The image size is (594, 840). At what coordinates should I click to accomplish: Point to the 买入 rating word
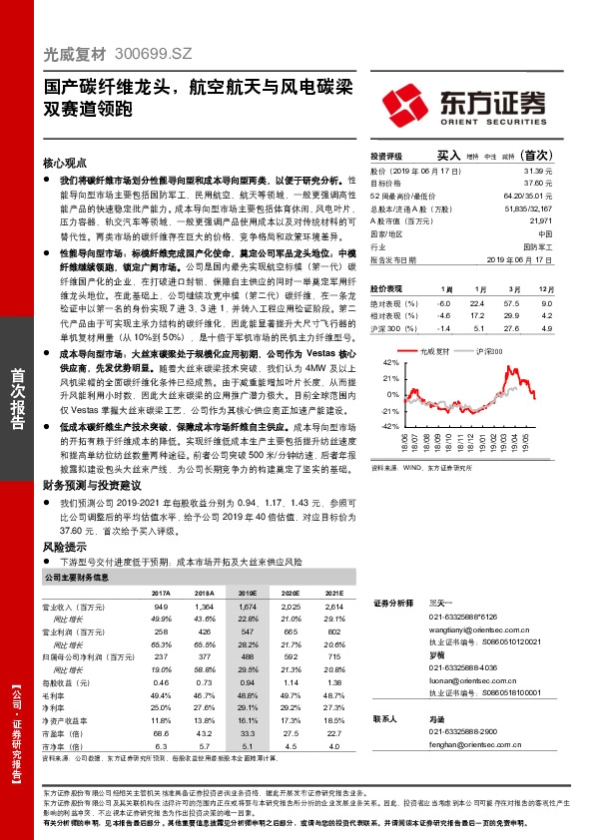[449, 157]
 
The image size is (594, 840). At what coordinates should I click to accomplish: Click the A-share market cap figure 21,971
[539, 219]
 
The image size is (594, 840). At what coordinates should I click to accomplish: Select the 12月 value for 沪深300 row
[546, 327]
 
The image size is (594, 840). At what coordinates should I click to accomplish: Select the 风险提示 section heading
[58, 549]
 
